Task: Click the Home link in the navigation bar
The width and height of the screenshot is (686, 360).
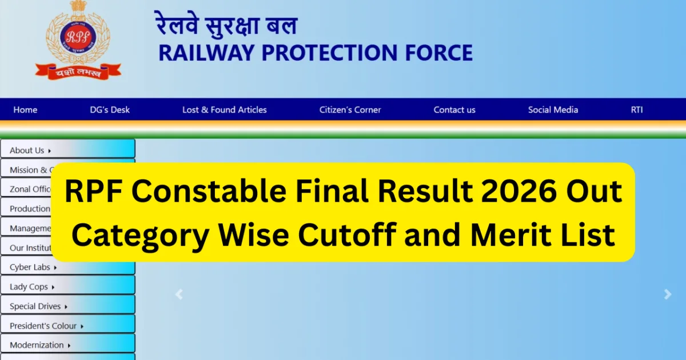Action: click(x=25, y=110)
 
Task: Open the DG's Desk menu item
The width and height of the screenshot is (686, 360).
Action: click(x=110, y=110)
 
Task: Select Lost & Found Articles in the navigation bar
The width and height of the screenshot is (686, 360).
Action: click(x=225, y=110)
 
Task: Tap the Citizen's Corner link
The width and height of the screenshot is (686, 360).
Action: click(x=350, y=110)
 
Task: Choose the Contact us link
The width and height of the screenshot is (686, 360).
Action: click(x=454, y=110)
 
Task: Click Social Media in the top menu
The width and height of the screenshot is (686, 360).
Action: click(x=553, y=110)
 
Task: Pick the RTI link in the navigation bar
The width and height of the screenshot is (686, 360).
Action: click(x=637, y=110)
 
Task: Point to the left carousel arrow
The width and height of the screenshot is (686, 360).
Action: click(x=179, y=294)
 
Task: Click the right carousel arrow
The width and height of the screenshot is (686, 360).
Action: click(x=667, y=294)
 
